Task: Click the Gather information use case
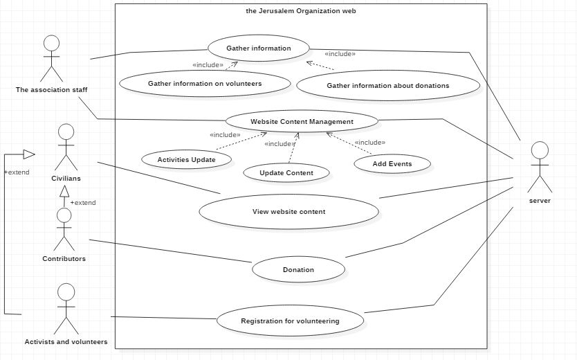[258, 48]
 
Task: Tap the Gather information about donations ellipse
[387, 86]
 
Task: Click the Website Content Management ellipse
[292, 122]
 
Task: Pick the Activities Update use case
[185, 159]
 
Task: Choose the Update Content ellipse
[286, 172]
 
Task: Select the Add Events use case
[392, 164]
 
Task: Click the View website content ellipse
[288, 212]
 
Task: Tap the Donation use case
[298, 269]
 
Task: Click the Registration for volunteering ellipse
[289, 321]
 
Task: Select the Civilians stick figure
[66, 147]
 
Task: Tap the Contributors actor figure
[64, 228]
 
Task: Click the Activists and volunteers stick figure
[66, 308]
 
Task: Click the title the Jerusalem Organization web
[301, 11]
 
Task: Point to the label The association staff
[51, 89]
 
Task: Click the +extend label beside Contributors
[83, 203]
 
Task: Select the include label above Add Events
[369, 143]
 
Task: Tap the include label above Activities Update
[225, 135]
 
